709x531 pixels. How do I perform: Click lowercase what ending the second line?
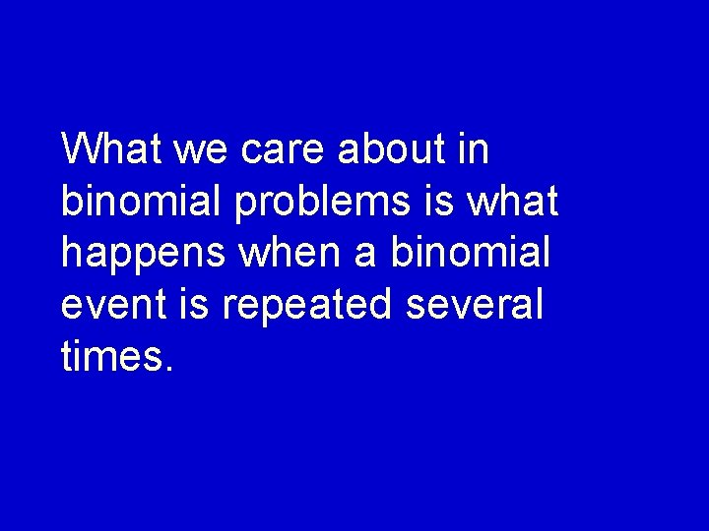[514, 202]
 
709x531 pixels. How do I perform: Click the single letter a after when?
[364, 254]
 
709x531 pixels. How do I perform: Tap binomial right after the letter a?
[470, 253]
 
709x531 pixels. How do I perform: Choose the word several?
[475, 305]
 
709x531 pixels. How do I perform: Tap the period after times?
[170, 369]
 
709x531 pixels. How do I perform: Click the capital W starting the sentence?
[80, 149]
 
